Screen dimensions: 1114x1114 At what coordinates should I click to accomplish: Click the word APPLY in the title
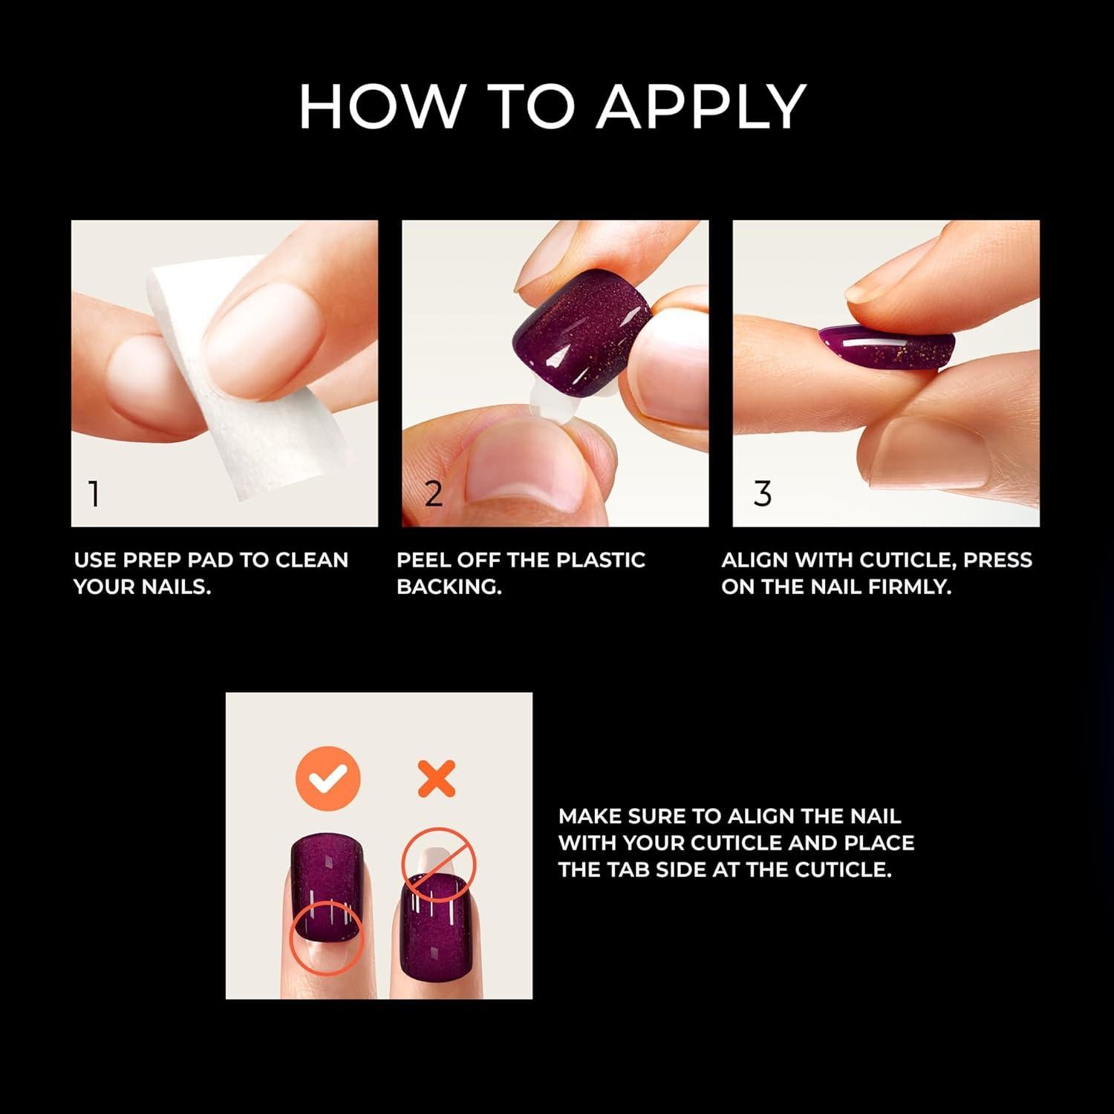tap(701, 106)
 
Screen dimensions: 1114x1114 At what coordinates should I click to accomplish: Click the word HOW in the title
tap(380, 106)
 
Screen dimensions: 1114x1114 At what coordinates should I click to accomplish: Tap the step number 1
tap(94, 494)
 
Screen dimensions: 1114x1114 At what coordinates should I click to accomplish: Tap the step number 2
tap(434, 494)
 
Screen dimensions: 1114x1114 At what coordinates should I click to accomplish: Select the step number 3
tap(763, 494)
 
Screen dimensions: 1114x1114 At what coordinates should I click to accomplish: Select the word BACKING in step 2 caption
tap(449, 587)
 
